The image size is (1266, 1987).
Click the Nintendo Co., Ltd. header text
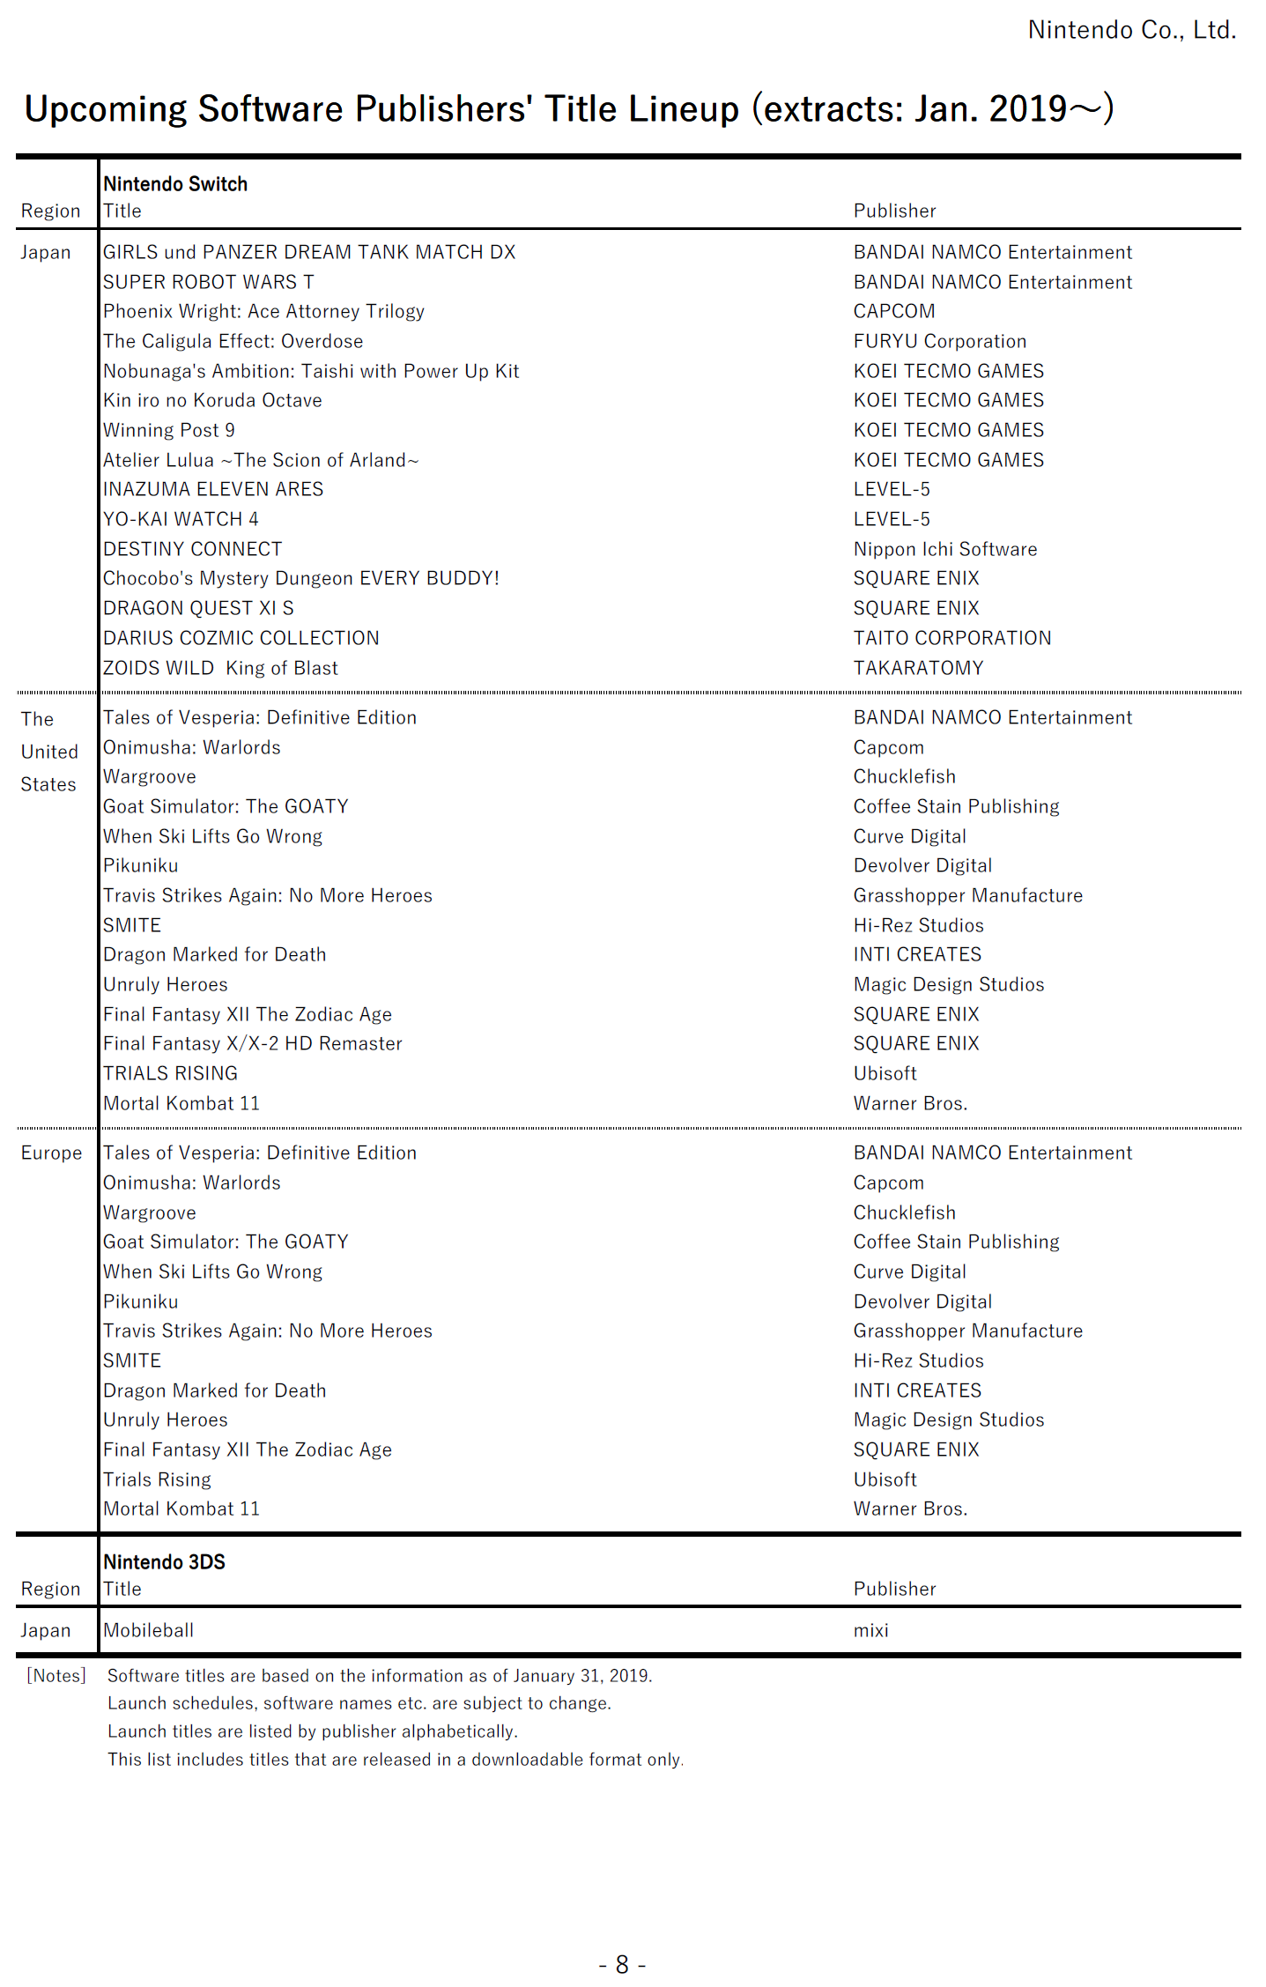pyautogui.click(x=1131, y=30)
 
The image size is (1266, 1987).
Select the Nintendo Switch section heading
pyautogui.click(x=175, y=184)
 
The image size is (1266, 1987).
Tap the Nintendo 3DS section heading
pyautogui.click(x=164, y=1561)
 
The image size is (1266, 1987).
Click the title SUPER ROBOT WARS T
pyautogui.click(x=208, y=282)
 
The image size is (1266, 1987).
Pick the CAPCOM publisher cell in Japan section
pyautogui.click(x=893, y=311)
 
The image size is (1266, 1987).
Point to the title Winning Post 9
pyautogui.click(x=168, y=430)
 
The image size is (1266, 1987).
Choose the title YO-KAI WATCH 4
pyautogui.click(x=181, y=519)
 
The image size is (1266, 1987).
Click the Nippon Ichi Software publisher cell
pyautogui.click(x=944, y=549)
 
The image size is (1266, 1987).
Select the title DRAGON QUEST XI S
pyautogui.click(x=198, y=608)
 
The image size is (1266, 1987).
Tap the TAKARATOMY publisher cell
pyautogui.click(x=918, y=668)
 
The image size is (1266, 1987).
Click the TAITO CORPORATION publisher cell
pyautogui.click(x=951, y=638)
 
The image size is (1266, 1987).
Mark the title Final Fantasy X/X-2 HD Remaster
pyautogui.click(x=252, y=1043)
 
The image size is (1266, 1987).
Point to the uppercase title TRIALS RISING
pyautogui.click(x=170, y=1073)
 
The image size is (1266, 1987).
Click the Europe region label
pyautogui.click(x=51, y=1153)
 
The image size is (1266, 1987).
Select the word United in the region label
pyautogui.click(x=49, y=752)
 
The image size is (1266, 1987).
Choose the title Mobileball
pyautogui.click(x=148, y=1630)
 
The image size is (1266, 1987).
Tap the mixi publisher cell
pyautogui.click(x=870, y=1630)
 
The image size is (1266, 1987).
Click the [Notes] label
pyautogui.click(x=56, y=1675)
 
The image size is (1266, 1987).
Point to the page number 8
pyautogui.click(x=622, y=1964)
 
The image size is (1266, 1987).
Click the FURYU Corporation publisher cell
pyautogui.click(x=939, y=341)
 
